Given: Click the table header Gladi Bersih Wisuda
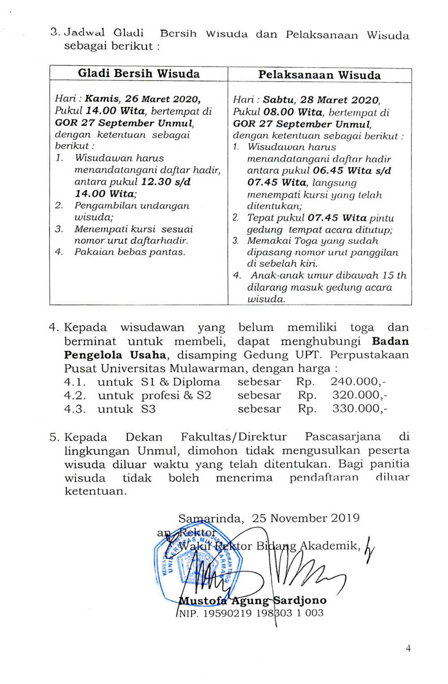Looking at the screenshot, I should click(x=139, y=73).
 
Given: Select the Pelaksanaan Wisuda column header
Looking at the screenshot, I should click(x=319, y=75).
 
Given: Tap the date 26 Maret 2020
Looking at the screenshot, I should click(x=162, y=99).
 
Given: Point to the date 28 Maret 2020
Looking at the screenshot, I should click(x=341, y=100).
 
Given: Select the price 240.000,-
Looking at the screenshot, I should click(x=358, y=382).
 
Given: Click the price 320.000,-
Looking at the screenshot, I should click(x=360, y=396).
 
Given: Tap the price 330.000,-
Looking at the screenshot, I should click(x=360, y=409).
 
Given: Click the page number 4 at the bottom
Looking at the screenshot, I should click(x=408, y=648).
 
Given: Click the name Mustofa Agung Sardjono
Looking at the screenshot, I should click(x=252, y=601).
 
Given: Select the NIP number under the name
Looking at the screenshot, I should click(x=251, y=613).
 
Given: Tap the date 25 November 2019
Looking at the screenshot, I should click(x=306, y=518).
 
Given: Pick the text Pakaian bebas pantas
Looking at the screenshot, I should click(x=129, y=252).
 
